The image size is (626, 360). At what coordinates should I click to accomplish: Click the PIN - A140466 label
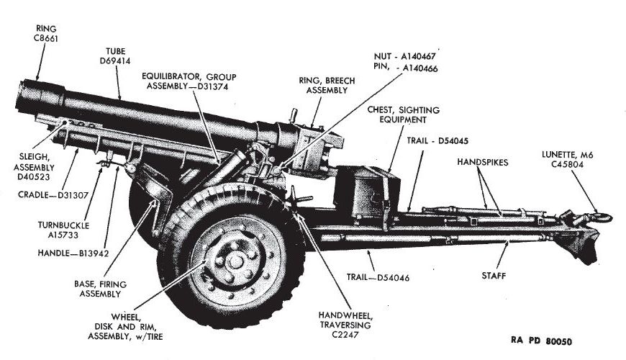click(x=406, y=68)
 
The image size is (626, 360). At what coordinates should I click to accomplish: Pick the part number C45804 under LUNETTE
click(x=568, y=165)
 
